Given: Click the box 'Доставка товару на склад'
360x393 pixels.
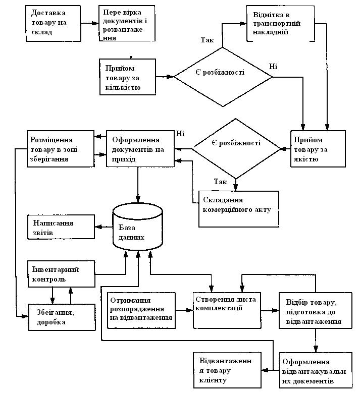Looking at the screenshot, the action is click(53, 23).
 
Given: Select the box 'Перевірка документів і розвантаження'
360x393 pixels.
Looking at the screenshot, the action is click(127, 23).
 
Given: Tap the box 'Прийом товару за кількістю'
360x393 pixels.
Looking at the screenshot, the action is click(128, 77).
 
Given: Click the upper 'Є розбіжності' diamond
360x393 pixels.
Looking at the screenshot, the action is click(223, 77).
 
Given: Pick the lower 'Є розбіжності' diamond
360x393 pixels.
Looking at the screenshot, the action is click(236, 149).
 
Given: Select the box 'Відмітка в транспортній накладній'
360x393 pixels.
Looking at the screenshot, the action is click(280, 24).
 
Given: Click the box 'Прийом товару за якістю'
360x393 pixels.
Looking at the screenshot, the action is click(318, 149).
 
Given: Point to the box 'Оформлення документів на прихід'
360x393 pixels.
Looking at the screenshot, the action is click(140, 149).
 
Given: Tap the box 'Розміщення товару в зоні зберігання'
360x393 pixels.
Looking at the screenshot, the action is click(61, 149).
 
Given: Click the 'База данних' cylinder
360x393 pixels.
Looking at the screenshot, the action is click(138, 227).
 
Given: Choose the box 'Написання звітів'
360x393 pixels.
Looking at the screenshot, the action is click(61, 227).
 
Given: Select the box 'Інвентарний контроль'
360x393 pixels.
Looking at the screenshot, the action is click(62, 274).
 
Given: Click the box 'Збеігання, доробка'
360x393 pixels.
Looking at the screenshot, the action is click(62, 317).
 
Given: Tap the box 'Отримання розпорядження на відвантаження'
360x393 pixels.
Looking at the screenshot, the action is click(141, 310).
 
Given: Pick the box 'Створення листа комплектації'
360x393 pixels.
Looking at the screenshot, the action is click(227, 310).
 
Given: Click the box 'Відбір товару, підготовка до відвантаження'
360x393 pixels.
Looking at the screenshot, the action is click(316, 310).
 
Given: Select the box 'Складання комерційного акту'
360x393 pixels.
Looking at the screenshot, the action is click(239, 209).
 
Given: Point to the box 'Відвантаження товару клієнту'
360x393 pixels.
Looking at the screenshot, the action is click(227, 370).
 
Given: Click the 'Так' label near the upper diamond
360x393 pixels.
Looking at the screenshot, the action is click(207, 39).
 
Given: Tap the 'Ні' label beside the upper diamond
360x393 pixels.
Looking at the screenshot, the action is click(273, 67).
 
